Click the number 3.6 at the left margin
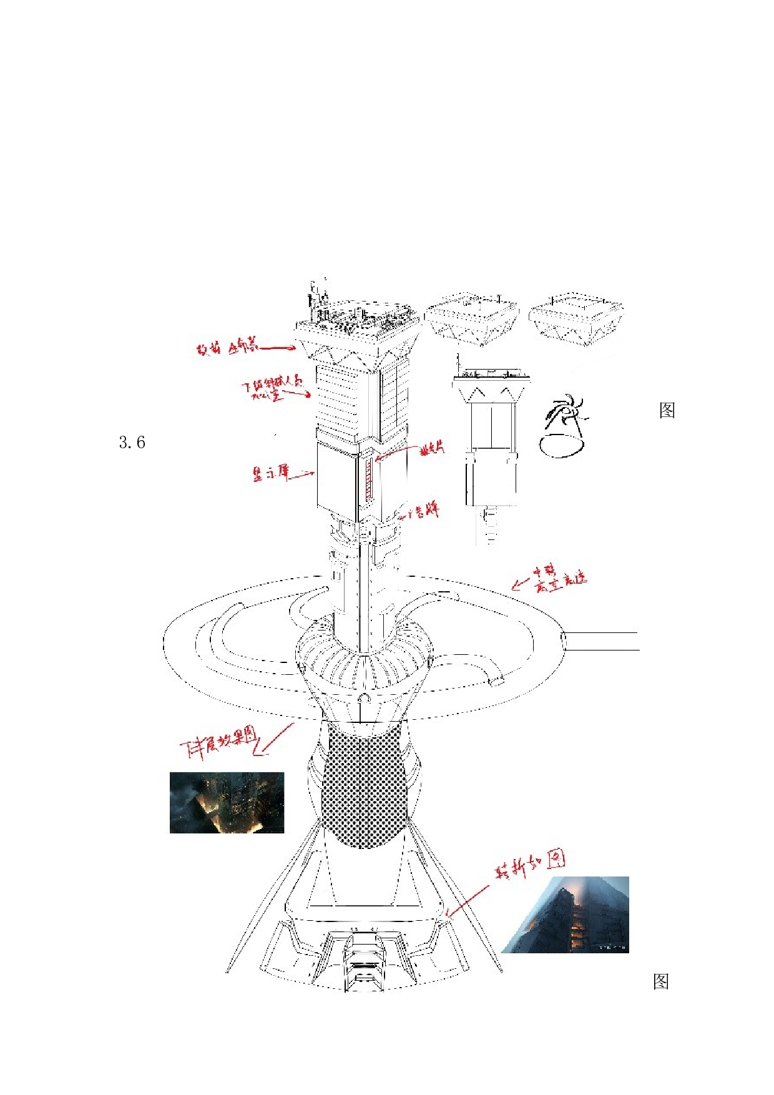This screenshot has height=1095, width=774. point(132,443)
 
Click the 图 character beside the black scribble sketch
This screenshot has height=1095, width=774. point(667,410)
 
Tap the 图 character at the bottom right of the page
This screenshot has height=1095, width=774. point(661,981)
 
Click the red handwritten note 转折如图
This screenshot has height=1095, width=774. point(531,864)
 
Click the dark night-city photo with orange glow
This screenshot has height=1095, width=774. point(227,802)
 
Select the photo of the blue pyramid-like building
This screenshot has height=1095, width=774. point(566,915)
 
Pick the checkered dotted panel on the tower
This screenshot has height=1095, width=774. point(364,790)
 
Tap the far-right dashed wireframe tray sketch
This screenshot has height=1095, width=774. point(576,318)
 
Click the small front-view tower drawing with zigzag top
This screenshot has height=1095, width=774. point(491,437)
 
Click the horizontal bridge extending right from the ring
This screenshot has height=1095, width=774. point(600,641)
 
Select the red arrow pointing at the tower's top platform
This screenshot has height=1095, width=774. point(277,348)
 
